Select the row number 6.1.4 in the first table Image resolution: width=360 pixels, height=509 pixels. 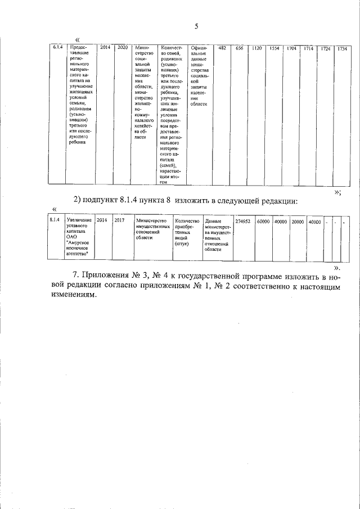(x=57, y=48)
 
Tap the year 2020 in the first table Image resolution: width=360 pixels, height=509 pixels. (x=122, y=48)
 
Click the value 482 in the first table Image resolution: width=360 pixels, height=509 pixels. (x=222, y=48)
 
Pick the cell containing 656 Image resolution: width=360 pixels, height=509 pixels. (x=240, y=48)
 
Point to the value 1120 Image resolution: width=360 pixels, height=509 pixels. (x=257, y=48)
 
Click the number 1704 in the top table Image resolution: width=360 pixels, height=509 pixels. (x=291, y=48)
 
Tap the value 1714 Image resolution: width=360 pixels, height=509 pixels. (x=308, y=48)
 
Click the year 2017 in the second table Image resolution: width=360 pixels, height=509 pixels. (x=119, y=220)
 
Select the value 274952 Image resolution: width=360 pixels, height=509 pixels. (x=242, y=222)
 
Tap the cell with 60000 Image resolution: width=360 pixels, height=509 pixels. (x=263, y=222)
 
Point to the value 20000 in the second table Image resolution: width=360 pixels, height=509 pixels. (x=298, y=222)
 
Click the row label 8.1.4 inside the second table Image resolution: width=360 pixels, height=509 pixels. (x=55, y=220)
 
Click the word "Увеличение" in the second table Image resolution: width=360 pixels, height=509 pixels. (x=78, y=220)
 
